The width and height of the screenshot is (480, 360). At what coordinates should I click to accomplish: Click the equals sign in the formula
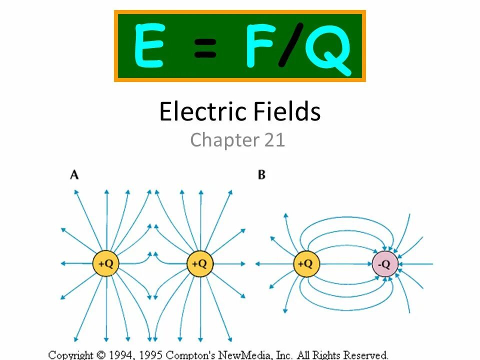[203, 49]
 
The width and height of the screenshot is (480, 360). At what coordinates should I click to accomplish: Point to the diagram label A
[74, 174]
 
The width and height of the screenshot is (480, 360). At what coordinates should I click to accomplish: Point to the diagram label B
[261, 174]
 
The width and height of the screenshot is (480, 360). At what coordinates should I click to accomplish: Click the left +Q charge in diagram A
[106, 263]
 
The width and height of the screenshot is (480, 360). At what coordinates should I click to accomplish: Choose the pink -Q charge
[385, 263]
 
